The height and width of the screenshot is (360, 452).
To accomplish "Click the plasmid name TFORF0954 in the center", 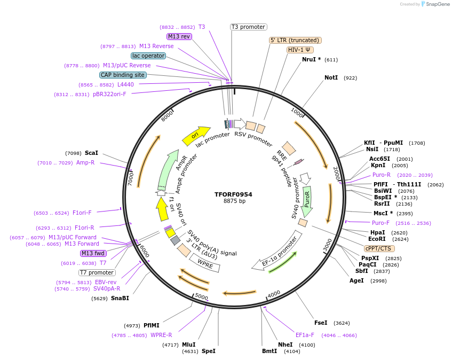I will click(x=233, y=194).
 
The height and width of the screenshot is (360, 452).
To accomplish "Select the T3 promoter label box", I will click(x=248, y=27).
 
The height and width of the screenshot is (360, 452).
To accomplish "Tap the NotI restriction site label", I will click(x=331, y=78).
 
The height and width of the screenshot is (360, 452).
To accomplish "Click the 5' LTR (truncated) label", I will click(x=295, y=40).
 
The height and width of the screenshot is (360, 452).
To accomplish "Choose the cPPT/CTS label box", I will click(x=379, y=248).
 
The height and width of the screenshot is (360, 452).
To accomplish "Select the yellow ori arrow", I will click(x=195, y=136).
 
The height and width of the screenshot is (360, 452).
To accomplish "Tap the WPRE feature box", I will click(x=205, y=262).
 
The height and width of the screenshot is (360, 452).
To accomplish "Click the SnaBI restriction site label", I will click(x=120, y=299).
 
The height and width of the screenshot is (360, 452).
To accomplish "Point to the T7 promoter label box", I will click(x=97, y=272).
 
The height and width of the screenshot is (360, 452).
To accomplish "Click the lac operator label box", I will click(x=148, y=56).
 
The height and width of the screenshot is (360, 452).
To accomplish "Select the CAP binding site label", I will click(x=122, y=75).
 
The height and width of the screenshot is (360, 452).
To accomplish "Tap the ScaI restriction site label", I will click(x=91, y=153).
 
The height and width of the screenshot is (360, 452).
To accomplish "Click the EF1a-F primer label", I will click(x=305, y=335).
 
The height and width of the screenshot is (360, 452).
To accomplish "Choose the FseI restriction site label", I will click(x=321, y=323).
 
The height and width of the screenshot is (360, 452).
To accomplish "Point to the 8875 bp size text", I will click(x=234, y=201).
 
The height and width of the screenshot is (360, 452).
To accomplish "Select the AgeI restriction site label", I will click(x=356, y=281).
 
